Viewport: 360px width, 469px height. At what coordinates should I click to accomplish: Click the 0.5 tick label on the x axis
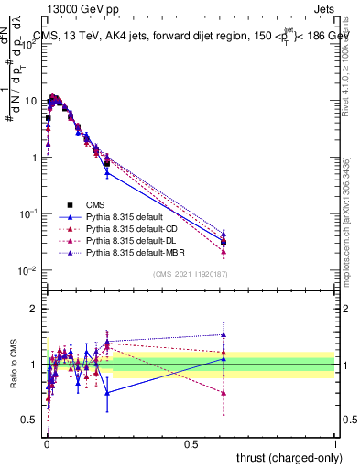[191, 443]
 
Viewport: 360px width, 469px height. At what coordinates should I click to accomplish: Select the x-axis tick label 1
[335, 443]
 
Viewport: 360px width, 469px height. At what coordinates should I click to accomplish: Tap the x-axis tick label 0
[47, 443]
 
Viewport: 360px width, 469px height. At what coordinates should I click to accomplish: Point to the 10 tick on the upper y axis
[31, 101]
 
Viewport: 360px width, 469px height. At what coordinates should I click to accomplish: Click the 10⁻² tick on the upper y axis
[29, 270]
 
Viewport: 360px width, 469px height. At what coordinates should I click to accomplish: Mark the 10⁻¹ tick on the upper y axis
[29, 213]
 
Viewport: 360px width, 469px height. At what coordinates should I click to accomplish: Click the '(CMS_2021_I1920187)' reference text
[189, 274]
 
